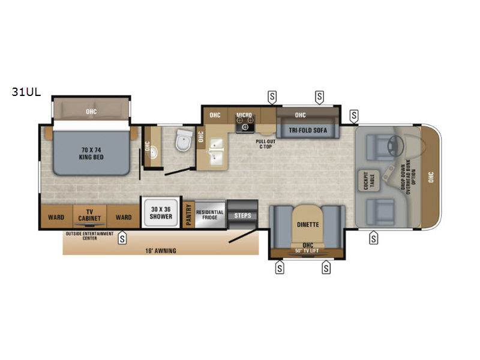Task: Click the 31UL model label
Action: pos(26,92)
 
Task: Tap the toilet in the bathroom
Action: pos(184,140)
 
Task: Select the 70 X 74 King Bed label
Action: pos(91,154)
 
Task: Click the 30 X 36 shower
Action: pos(161,213)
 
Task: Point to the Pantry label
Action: pos(188,215)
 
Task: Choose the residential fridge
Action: pos(210,215)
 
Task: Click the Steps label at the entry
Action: pos(242,215)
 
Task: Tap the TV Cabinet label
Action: pos(89,215)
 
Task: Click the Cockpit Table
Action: pos(369,181)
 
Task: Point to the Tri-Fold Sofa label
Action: pos(308,130)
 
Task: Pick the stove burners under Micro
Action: pos(245,124)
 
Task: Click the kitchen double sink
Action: pos(216,152)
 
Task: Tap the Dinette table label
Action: pos(308,224)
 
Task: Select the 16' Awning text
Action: pos(161,251)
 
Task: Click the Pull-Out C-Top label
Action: pos(265,144)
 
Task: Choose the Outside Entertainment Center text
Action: pos(89,236)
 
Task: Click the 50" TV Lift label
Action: pos(307,251)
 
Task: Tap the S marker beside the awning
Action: pos(122,238)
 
